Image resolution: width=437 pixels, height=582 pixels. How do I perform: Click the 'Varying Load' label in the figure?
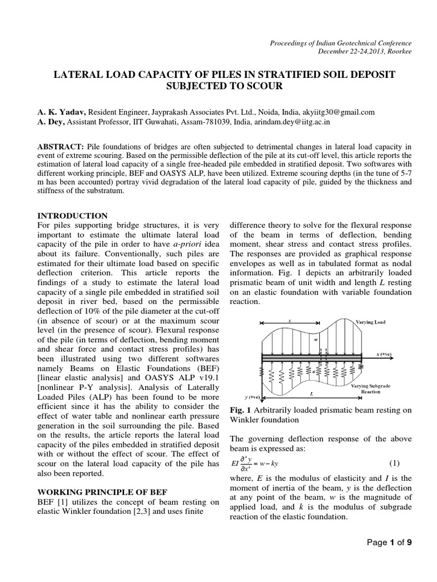coord(370,322)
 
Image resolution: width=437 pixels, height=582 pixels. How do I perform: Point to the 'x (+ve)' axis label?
coord(385,354)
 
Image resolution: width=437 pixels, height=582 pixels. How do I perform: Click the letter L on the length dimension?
coord(311,392)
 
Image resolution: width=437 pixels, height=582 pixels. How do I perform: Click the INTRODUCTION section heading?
coord(72,216)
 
